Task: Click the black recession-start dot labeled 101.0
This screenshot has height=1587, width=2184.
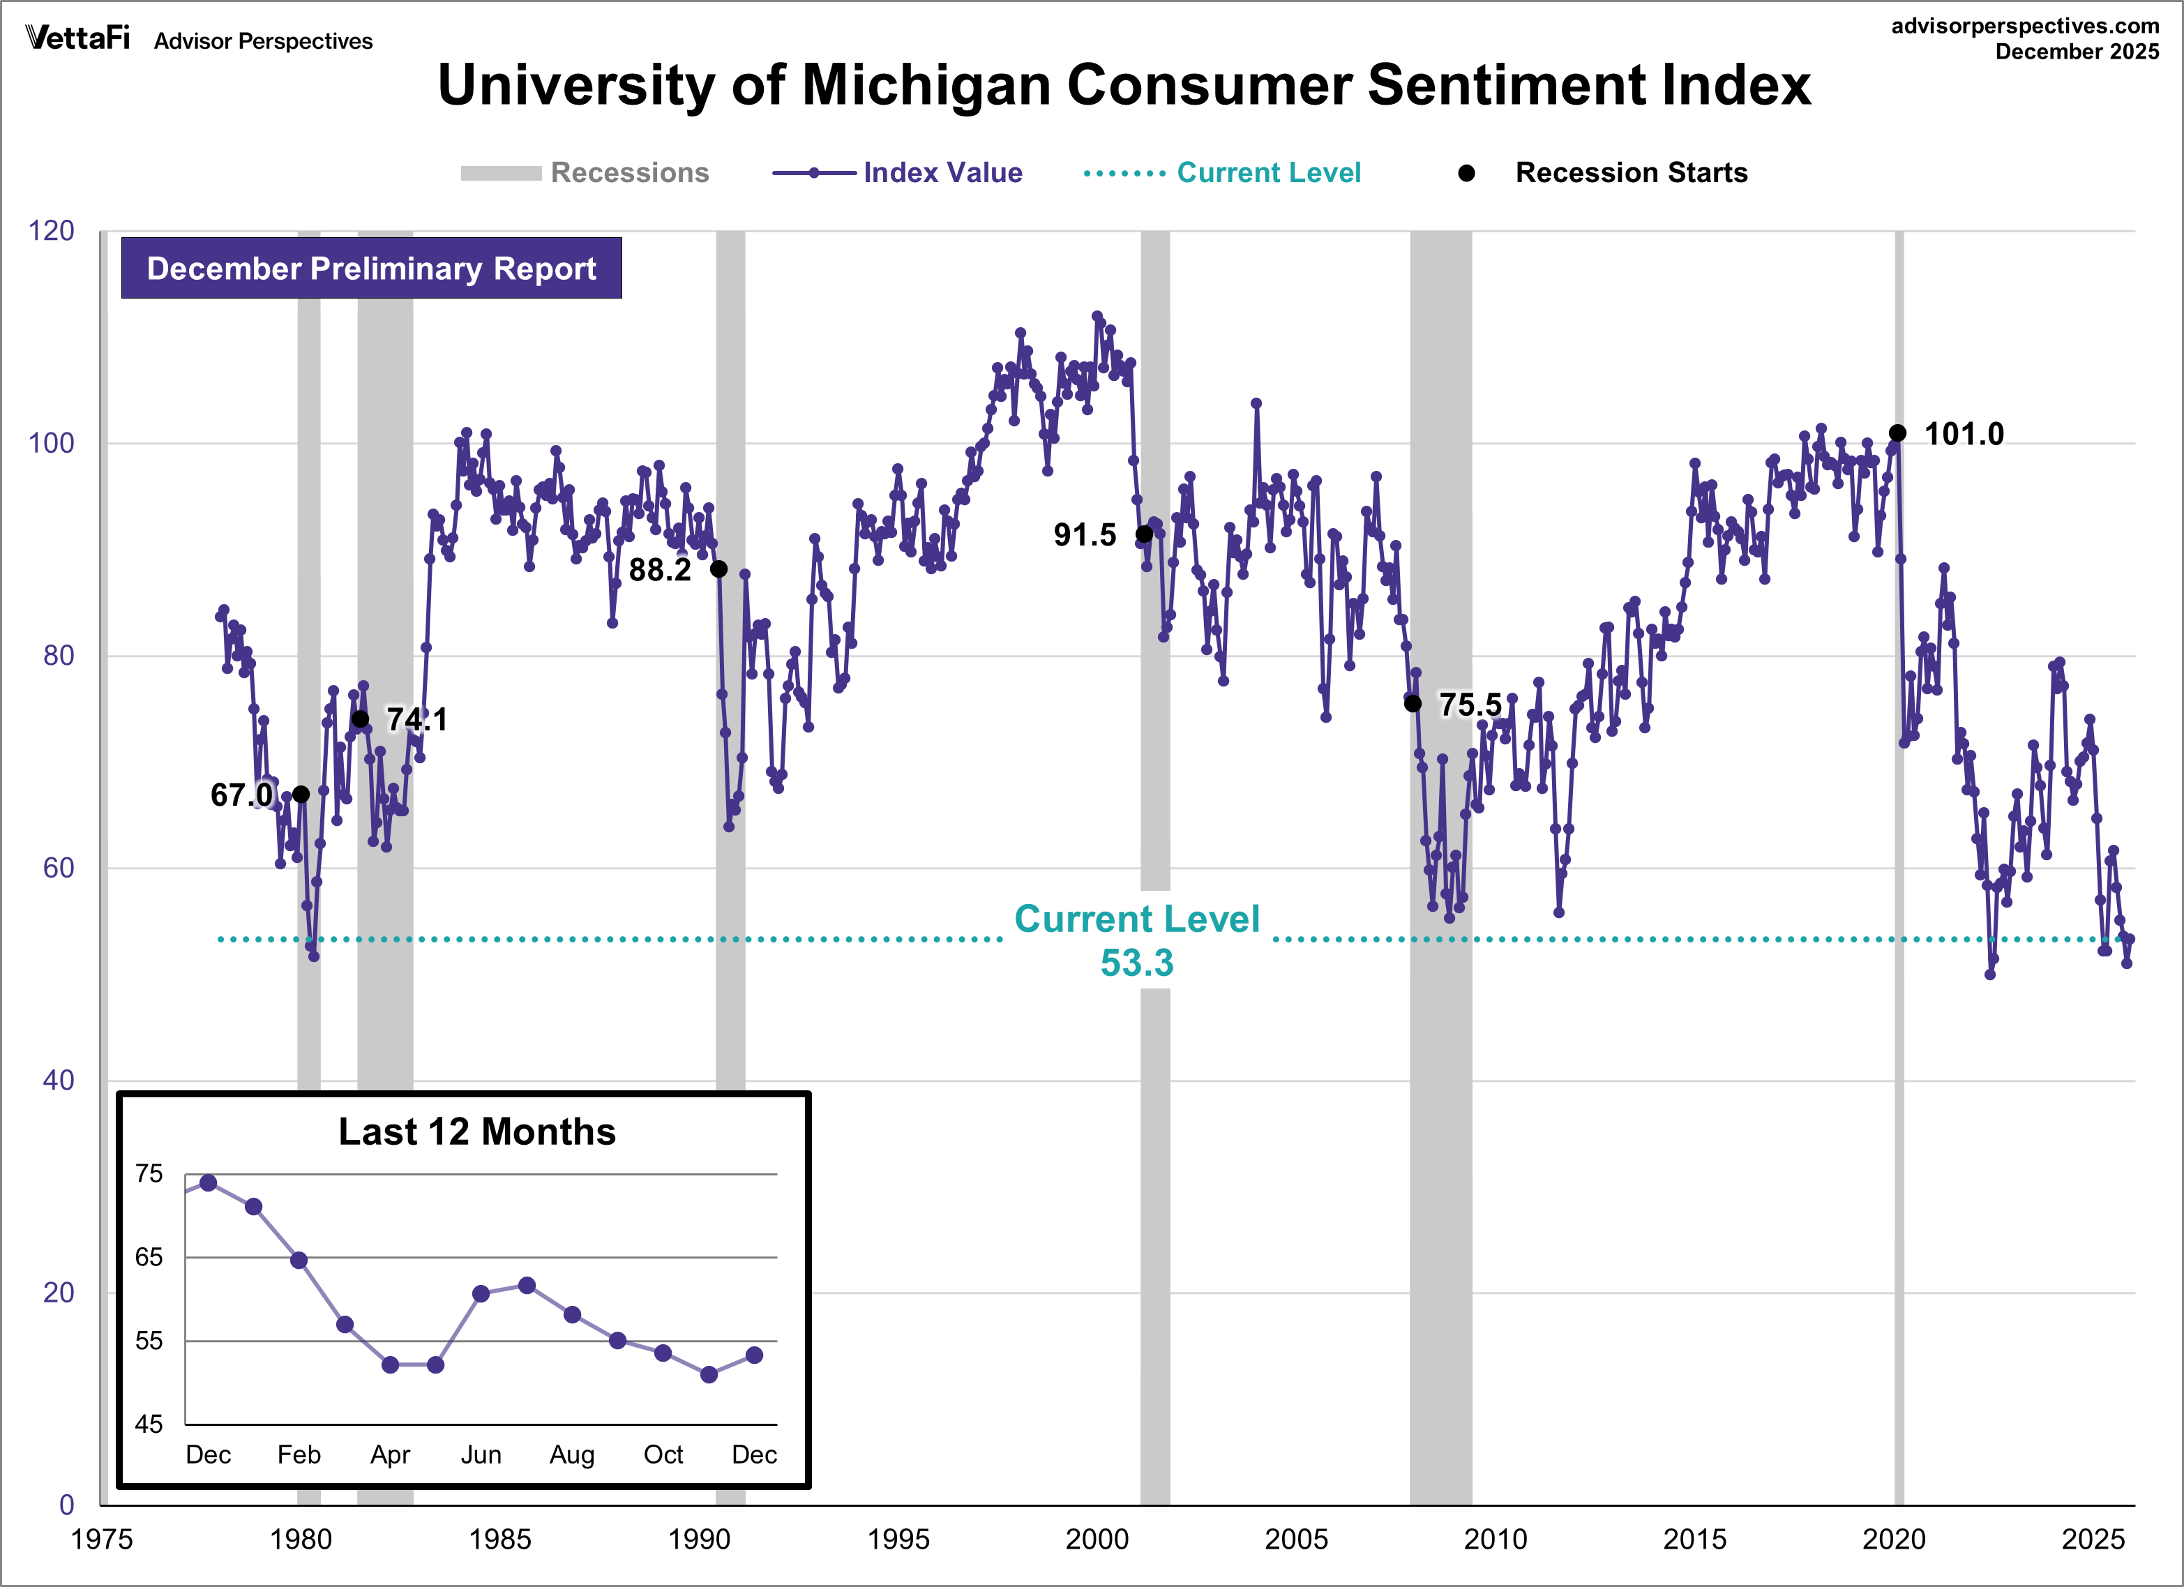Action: click(1897, 433)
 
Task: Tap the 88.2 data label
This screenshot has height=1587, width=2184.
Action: click(660, 570)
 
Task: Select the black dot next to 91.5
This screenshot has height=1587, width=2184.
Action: click(1144, 534)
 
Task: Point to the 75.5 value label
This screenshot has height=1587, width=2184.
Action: click(1470, 705)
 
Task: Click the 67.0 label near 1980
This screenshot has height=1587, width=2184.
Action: click(241, 795)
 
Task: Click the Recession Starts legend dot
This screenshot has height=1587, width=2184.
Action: click(1466, 173)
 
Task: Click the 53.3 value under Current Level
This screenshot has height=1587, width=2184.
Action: click(1136, 963)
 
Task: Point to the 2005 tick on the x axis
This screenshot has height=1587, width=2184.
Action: click(1296, 1539)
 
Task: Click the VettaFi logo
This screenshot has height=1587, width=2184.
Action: click(77, 38)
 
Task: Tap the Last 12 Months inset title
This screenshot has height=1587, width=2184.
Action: click(476, 1131)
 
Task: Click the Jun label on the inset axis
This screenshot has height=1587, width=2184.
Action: click(481, 1454)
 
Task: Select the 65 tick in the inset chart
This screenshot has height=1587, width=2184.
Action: click(149, 1258)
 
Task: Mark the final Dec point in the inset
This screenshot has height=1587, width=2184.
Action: click(754, 1355)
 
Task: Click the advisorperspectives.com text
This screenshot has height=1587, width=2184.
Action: click(2024, 26)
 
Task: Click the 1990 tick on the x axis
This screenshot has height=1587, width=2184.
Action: click(699, 1539)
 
